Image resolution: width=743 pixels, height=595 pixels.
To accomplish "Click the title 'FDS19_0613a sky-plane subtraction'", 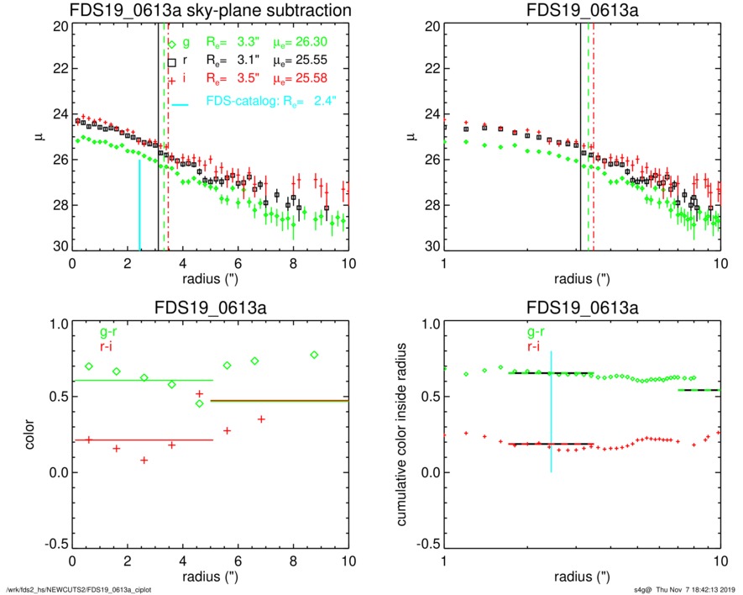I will pyautogui.click(x=210, y=10).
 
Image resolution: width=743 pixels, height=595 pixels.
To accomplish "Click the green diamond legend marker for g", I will pyautogui.click(x=171, y=43).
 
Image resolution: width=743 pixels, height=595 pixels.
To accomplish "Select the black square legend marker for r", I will pyautogui.click(x=171, y=61).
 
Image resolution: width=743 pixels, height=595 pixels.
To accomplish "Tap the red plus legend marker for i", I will pyautogui.click(x=171, y=79).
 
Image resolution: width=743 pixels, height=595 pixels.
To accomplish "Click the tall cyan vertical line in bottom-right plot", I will pyautogui.click(x=551, y=412).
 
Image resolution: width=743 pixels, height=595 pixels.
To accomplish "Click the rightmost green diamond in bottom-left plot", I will pyautogui.click(x=314, y=355).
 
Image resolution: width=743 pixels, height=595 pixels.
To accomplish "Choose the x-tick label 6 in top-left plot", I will pyautogui.click(x=238, y=263).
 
